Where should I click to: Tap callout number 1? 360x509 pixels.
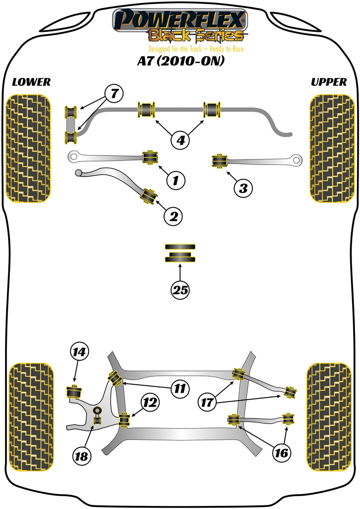tap(175, 180)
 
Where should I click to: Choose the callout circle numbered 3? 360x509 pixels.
tap(243, 188)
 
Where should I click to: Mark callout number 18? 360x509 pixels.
tap(84, 456)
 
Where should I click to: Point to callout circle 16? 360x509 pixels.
tap(282, 453)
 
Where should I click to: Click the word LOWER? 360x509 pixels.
tap(31, 82)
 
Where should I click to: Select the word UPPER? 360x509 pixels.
tap(329, 82)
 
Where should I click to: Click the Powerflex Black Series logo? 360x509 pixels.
tap(180, 25)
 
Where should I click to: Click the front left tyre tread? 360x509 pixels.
tap(28, 148)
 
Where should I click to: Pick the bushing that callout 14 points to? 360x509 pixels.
tap(75, 391)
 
